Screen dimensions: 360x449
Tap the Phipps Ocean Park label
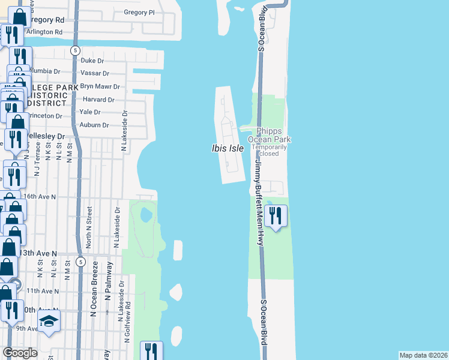pos(273,135)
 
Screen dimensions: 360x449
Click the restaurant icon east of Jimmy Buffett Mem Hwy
pos(276,216)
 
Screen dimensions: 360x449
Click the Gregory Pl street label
pos(139,12)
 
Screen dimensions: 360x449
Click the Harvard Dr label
pos(98,100)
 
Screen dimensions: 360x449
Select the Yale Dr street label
pos(89,112)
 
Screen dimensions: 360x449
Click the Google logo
pos(20,353)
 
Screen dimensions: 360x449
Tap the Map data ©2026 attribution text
pos(423,355)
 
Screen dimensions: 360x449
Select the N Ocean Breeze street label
pos(94,298)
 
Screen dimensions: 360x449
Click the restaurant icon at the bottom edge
pos(151,351)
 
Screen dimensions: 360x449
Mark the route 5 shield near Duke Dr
pos(75,50)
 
